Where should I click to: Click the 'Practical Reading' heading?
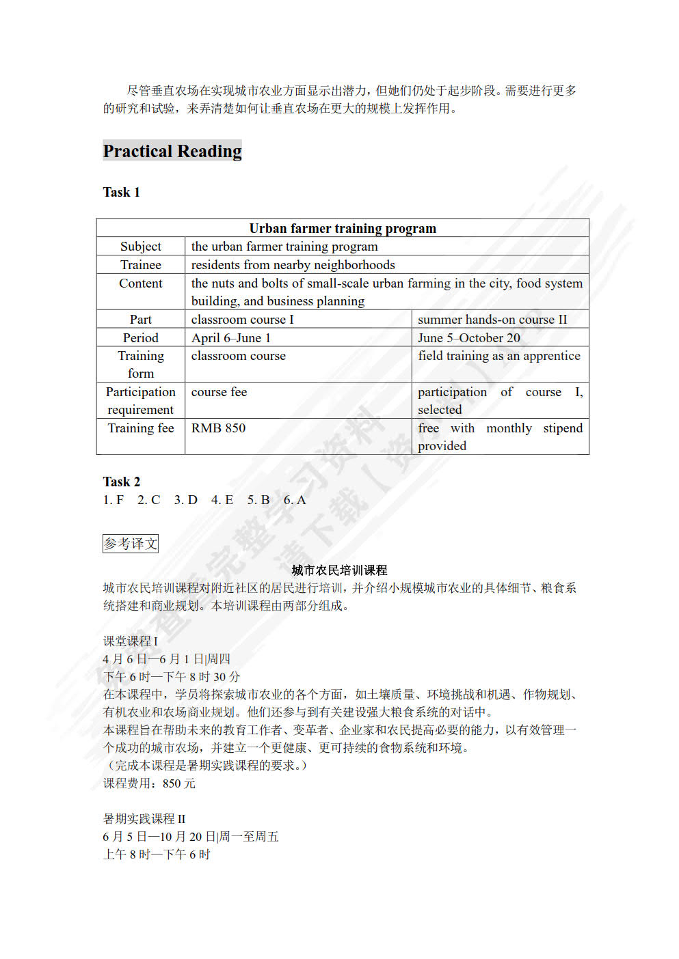[x=172, y=151]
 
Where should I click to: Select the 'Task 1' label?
[x=121, y=193]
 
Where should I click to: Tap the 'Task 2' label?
[x=121, y=482]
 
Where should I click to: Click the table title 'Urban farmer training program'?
[x=342, y=228]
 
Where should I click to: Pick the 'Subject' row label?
[x=140, y=247]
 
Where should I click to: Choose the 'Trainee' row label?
[x=140, y=265]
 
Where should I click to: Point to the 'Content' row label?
[x=140, y=283]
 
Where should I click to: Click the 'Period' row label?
[x=140, y=338]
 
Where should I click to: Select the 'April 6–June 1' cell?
[x=230, y=338]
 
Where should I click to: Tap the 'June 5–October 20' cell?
[x=468, y=338]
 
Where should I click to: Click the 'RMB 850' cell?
[x=218, y=428]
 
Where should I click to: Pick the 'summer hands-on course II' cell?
[x=492, y=320]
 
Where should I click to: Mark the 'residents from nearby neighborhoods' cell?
[x=293, y=265]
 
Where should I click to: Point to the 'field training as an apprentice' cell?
[x=498, y=356]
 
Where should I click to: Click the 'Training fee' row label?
[x=140, y=428]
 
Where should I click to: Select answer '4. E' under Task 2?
[x=222, y=500]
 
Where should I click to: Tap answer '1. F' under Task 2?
[x=114, y=500]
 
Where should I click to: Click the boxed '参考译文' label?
[x=130, y=544]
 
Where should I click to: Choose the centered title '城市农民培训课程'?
[x=339, y=570]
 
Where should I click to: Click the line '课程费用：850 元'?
[x=149, y=783]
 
